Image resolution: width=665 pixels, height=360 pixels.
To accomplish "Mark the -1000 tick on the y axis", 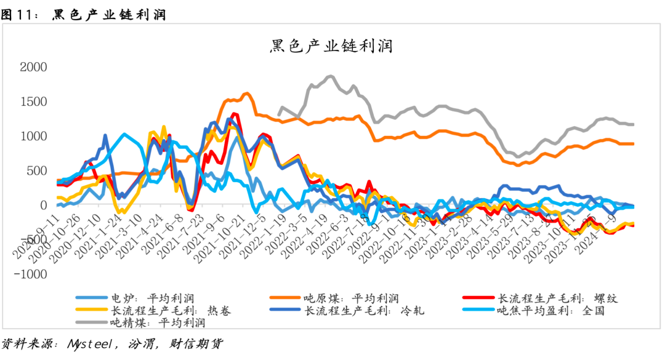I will [31, 274].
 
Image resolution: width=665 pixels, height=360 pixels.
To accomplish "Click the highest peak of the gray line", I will [330, 76].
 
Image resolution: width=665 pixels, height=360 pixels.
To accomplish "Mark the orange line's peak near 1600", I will [247, 94].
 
